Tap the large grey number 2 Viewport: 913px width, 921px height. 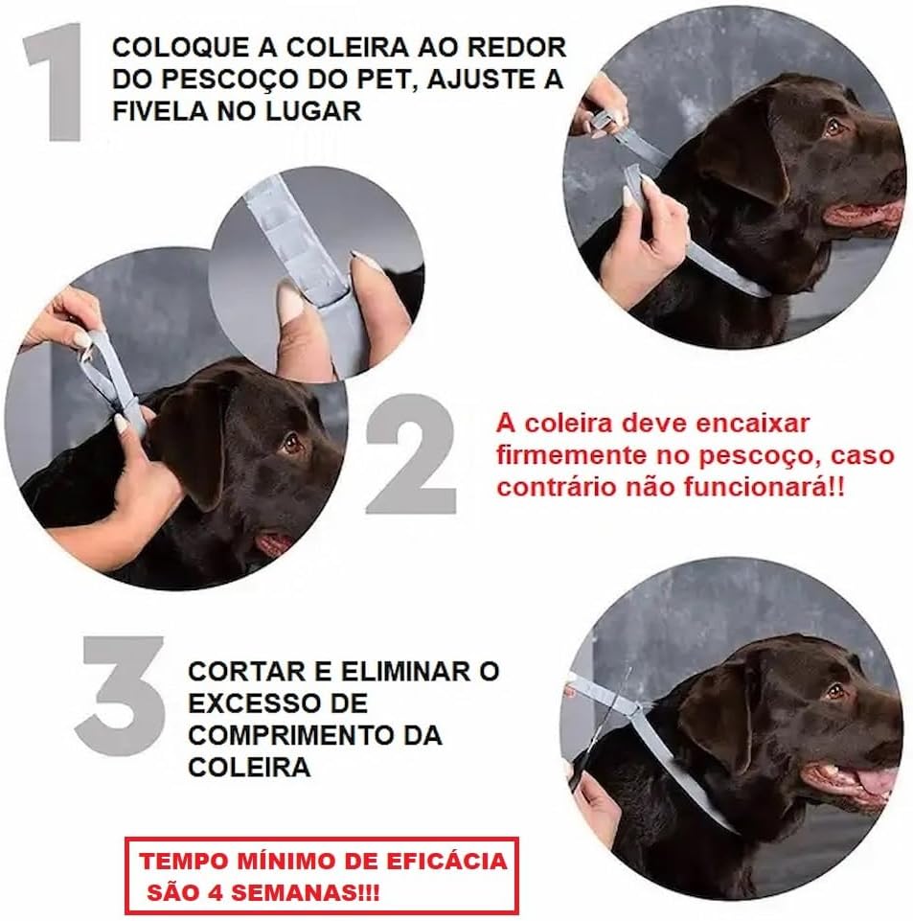pyautogui.click(x=410, y=454)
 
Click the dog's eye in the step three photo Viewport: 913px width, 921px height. pyautogui.click(x=834, y=691)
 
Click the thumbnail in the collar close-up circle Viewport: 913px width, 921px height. pyautogui.click(x=289, y=300)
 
